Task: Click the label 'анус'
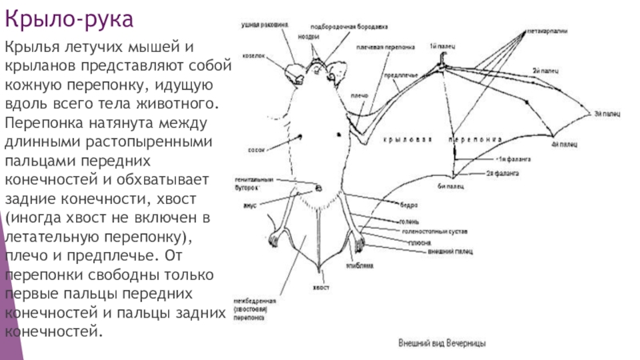tap(253, 206)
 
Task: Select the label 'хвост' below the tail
tap(322, 286)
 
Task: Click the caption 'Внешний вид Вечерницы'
tap(445, 342)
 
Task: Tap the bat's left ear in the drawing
tap(294, 72)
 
